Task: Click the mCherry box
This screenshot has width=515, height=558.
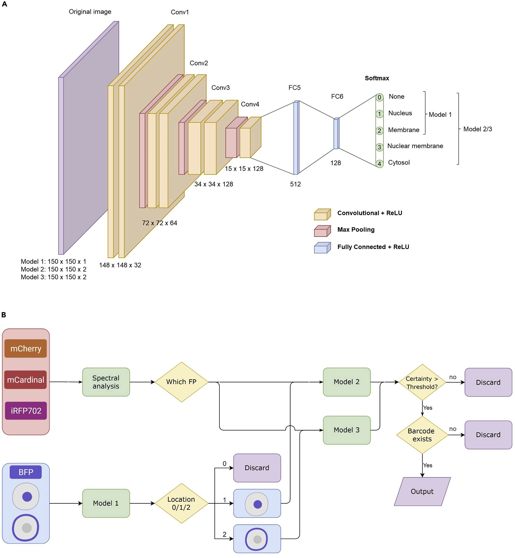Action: (26, 349)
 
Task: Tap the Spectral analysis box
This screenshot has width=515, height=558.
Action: (106, 382)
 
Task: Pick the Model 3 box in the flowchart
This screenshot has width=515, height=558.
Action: (346, 430)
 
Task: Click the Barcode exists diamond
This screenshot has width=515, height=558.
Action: (422, 435)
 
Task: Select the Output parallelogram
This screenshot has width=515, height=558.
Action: (422, 491)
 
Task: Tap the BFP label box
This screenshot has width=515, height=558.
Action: (26, 472)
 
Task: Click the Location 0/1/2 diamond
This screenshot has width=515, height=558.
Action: (181, 503)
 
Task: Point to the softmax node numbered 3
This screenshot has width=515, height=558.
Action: (379, 147)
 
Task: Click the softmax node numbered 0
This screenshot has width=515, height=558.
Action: (379, 97)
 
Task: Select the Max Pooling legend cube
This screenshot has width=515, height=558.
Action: (322, 231)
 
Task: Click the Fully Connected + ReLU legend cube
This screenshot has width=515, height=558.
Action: (322, 248)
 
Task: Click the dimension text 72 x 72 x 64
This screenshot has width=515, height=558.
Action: (159, 223)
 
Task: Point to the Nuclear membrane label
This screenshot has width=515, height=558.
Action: (415, 146)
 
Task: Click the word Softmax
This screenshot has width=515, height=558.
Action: (377, 78)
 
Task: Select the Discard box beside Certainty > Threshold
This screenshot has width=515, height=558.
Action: (488, 382)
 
